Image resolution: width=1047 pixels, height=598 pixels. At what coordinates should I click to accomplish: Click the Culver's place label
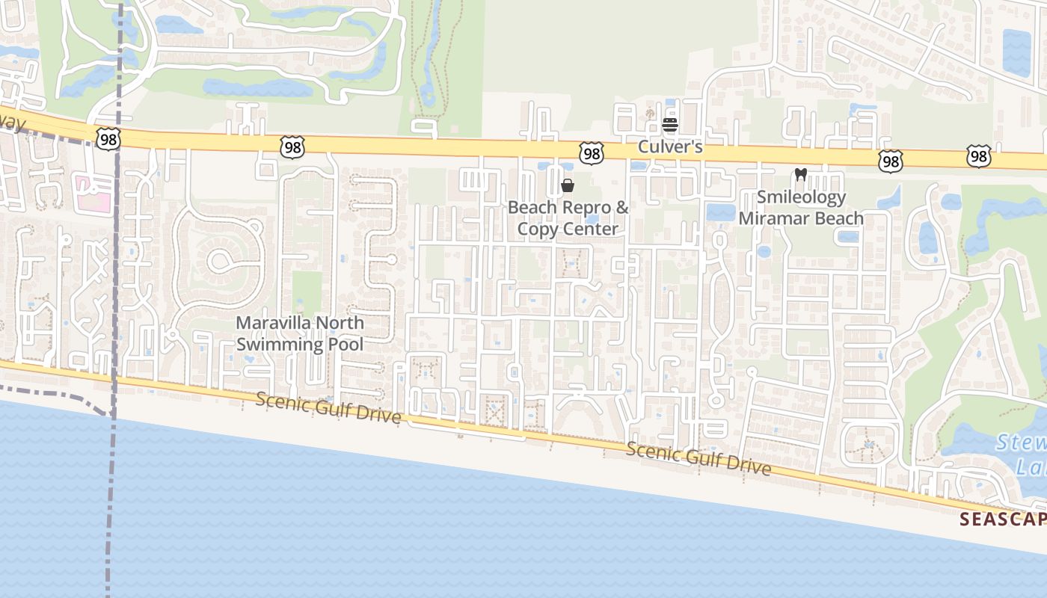(669, 147)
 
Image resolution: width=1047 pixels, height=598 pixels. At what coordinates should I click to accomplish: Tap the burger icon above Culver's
(669, 125)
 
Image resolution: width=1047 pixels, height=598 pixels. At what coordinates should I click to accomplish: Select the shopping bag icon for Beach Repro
(568, 185)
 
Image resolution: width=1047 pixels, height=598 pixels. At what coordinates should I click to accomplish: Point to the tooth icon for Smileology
(800, 175)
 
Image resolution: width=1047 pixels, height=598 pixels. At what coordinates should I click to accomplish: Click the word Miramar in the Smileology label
(775, 218)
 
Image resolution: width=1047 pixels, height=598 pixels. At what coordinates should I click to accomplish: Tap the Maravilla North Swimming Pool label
(300, 333)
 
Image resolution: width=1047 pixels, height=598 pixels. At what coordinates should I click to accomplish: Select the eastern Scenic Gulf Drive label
(698, 457)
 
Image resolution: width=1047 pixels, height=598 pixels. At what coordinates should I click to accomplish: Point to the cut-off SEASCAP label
(1002, 518)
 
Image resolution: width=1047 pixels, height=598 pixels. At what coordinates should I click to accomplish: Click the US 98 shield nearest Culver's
(592, 154)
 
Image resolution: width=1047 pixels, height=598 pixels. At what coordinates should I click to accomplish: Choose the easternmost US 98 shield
(978, 156)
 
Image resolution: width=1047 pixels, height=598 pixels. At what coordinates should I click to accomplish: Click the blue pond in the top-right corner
(1016, 52)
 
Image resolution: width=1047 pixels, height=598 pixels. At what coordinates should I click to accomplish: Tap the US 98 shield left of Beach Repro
(292, 147)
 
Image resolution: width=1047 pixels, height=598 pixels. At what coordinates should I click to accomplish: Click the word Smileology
(801, 197)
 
